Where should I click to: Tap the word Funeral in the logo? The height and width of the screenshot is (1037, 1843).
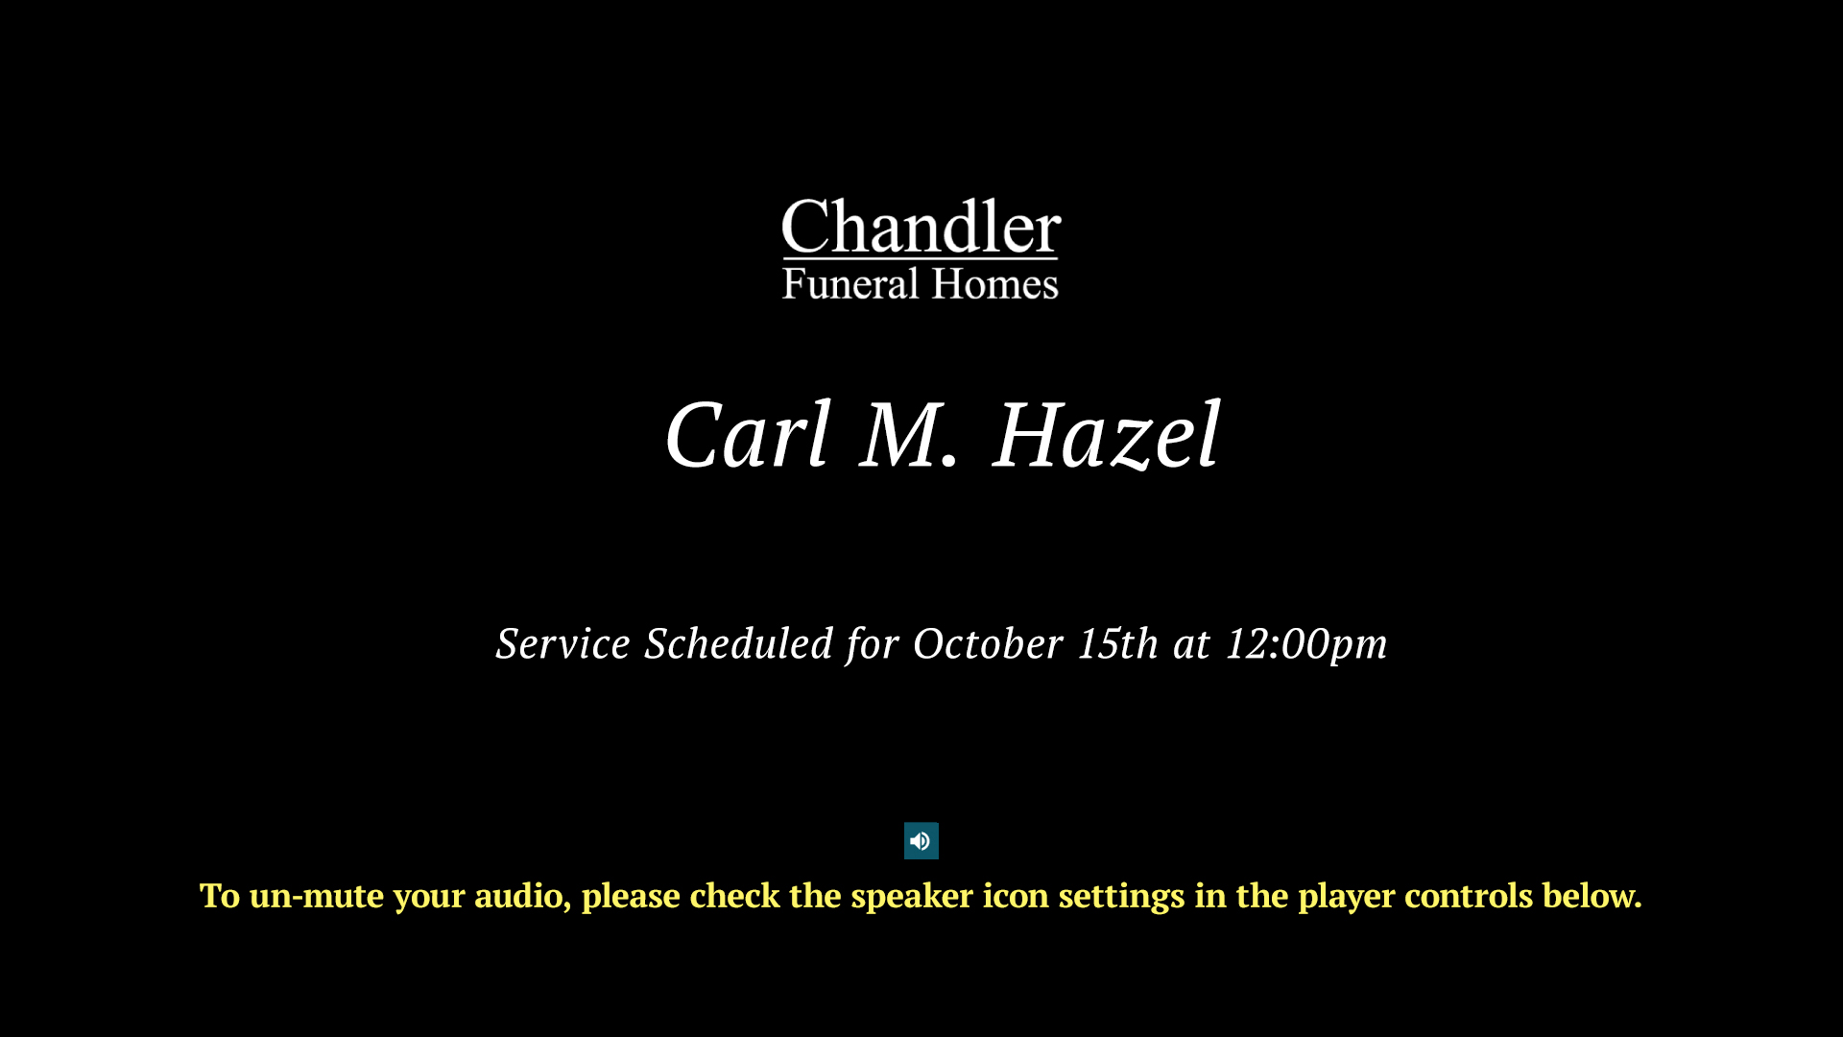pyautogui.click(x=850, y=284)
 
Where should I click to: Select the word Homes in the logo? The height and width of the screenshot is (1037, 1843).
pyautogui.click(x=995, y=284)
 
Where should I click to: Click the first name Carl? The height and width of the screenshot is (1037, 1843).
pyautogui.click(x=748, y=435)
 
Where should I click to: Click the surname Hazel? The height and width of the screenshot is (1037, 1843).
pyautogui.click(x=1107, y=435)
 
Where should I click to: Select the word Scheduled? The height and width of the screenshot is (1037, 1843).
pyautogui.click(x=738, y=643)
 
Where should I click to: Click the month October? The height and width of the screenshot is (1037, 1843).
pyautogui.click(x=988, y=643)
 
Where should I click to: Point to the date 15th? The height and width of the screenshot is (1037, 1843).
pyautogui.click(x=1118, y=643)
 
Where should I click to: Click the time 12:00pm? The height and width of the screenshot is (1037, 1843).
pyautogui.click(x=1306, y=644)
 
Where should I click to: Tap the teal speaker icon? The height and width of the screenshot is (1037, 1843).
pyautogui.click(x=921, y=841)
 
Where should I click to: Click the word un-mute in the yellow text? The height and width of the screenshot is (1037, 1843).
pyautogui.click(x=317, y=896)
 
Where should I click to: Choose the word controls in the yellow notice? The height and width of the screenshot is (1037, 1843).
pyautogui.click(x=1469, y=896)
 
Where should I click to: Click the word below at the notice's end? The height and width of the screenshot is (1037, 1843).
pyautogui.click(x=1592, y=896)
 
